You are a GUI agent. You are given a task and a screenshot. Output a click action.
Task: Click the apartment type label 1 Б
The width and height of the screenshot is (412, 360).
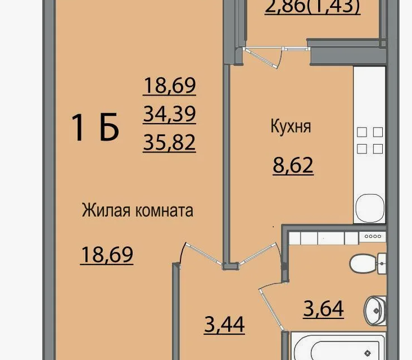(x=95, y=128)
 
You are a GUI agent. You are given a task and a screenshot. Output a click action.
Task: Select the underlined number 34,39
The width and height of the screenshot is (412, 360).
(x=170, y=114)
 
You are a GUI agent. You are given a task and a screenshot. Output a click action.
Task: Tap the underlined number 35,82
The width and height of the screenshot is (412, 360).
(x=170, y=142)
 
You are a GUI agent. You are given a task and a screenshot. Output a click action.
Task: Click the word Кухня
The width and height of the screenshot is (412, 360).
(x=291, y=127)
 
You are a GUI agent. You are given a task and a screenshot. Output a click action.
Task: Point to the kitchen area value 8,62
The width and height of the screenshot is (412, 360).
(x=293, y=165)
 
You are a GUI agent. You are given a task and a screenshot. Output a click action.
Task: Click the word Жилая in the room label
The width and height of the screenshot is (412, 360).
(x=106, y=210)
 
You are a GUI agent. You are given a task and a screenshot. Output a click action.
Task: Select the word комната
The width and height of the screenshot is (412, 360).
(x=165, y=211)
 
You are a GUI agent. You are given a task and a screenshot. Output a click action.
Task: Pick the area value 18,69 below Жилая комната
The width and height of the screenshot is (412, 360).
(x=107, y=255)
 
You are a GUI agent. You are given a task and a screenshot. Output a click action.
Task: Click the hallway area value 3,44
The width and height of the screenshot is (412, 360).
(x=224, y=325)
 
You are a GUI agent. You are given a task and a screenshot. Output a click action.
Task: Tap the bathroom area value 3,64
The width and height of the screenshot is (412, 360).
(x=323, y=309)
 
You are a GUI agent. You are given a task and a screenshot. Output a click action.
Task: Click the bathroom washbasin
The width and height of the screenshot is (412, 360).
(x=375, y=311)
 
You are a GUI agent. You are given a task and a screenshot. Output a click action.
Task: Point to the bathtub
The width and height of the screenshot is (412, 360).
(x=339, y=346)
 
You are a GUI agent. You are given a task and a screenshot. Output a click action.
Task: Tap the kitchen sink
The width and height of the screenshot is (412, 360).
(x=370, y=208)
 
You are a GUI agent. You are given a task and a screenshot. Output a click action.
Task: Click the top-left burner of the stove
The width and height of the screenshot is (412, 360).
(x=362, y=132)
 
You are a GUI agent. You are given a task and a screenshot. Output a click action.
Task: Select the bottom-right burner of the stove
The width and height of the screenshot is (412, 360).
(x=378, y=149)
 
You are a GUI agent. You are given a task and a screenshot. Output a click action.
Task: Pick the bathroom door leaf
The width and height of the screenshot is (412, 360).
(x=271, y=309)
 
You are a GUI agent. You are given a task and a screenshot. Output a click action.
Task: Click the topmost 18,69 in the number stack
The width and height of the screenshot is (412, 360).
(x=170, y=85)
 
